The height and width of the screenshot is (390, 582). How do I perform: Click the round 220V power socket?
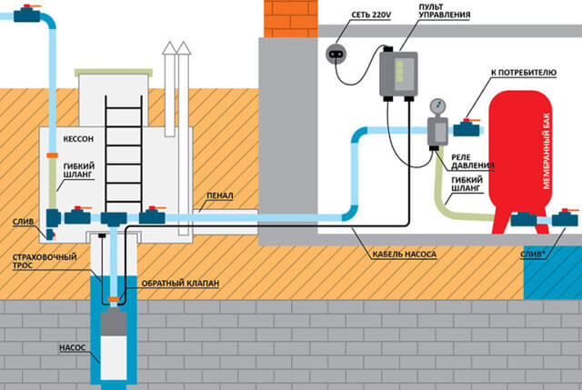click(x=339, y=55)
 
